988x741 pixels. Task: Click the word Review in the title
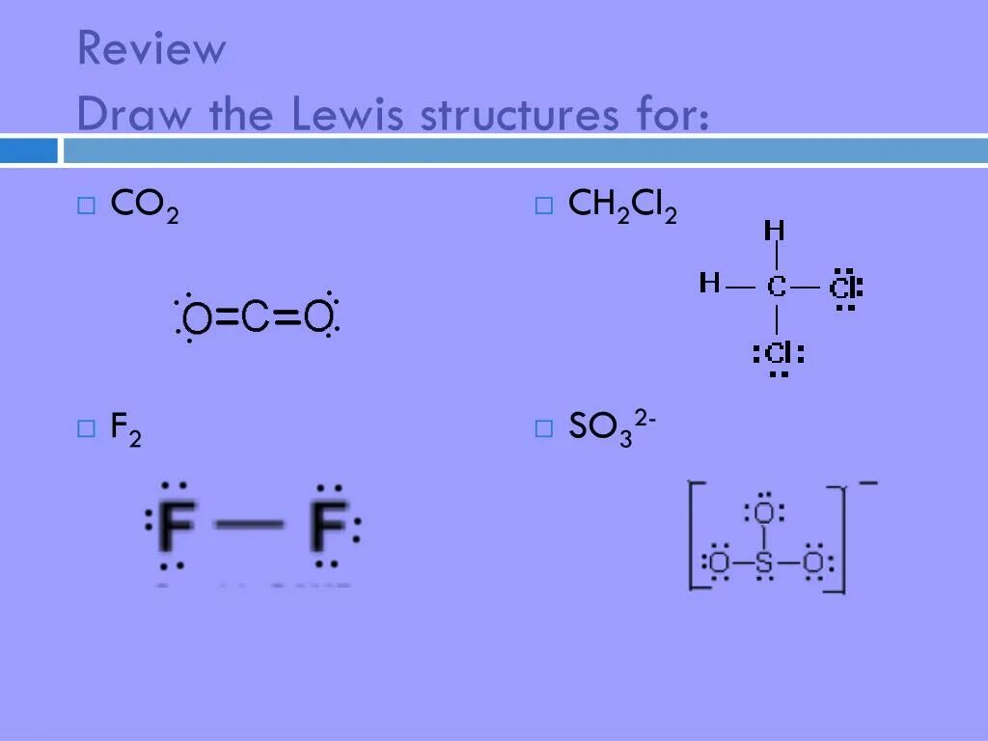[151, 49]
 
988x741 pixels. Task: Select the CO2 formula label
[145, 206]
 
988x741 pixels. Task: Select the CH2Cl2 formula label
[622, 206]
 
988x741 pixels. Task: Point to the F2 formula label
[126, 429]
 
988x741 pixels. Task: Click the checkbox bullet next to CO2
[87, 205]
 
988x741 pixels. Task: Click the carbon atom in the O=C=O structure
[256, 316]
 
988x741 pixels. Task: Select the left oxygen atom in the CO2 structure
[197, 317]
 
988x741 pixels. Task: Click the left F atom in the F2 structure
[176, 526]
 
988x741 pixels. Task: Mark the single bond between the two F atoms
[249, 526]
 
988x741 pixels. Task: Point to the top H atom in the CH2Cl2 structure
[774, 232]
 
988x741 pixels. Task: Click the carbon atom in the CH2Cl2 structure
[777, 286]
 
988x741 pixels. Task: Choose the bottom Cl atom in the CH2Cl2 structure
[778, 353]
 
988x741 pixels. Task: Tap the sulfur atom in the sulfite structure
[764, 563]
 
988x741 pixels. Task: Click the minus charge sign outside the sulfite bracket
[867, 481]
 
